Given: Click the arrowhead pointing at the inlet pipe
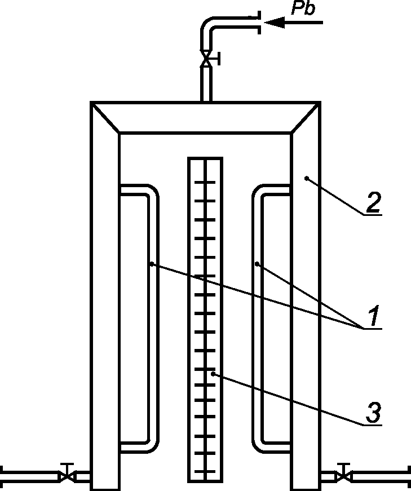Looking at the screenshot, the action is coord(273,23).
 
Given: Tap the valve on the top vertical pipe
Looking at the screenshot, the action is coord(207,57).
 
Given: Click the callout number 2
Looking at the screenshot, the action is coord(372,204).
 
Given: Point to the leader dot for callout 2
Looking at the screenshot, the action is coord(306,179).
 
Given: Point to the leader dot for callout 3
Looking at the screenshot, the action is coord(213,373).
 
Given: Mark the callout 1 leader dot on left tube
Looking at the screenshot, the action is coord(152,263).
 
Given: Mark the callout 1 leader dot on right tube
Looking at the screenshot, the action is coord(257,263).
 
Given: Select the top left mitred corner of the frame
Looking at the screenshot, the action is coord(105,118).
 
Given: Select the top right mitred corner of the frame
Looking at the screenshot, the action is coord(306,118).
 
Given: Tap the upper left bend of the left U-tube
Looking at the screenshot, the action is coord(150,192).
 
